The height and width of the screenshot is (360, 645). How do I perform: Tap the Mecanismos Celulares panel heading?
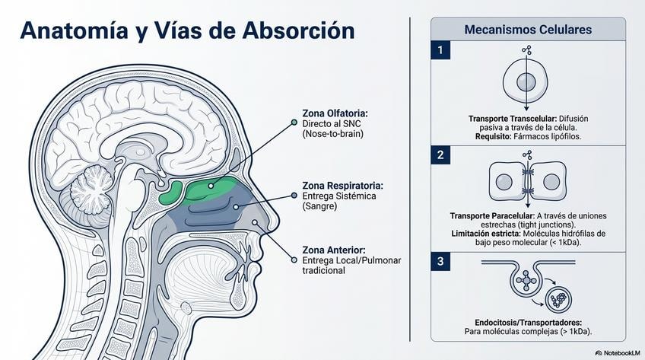[x=528, y=30]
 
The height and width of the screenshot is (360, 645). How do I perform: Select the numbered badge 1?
[x=440, y=51]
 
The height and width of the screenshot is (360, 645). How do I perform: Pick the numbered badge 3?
[x=440, y=262]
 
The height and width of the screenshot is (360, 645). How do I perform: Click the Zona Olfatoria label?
[x=335, y=112]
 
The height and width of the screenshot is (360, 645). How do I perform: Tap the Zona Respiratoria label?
[x=342, y=185]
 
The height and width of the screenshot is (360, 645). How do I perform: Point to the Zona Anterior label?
[x=334, y=250]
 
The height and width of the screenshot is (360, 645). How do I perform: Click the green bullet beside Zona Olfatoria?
[x=294, y=122]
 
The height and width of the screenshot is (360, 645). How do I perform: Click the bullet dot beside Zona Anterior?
[x=294, y=260]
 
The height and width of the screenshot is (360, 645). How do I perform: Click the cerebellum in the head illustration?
[x=97, y=185]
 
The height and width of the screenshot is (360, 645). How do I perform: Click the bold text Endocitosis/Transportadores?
[x=528, y=322]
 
